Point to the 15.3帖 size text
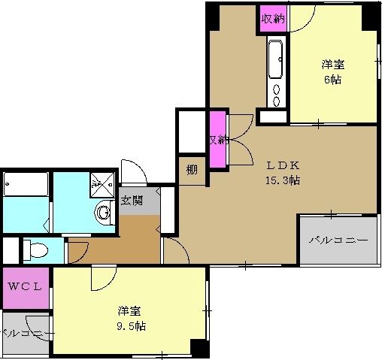(x=282, y=180)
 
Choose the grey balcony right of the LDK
(x=338, y=240)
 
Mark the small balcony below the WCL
(x=25, y=333)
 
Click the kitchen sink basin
(x=275, y=56)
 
